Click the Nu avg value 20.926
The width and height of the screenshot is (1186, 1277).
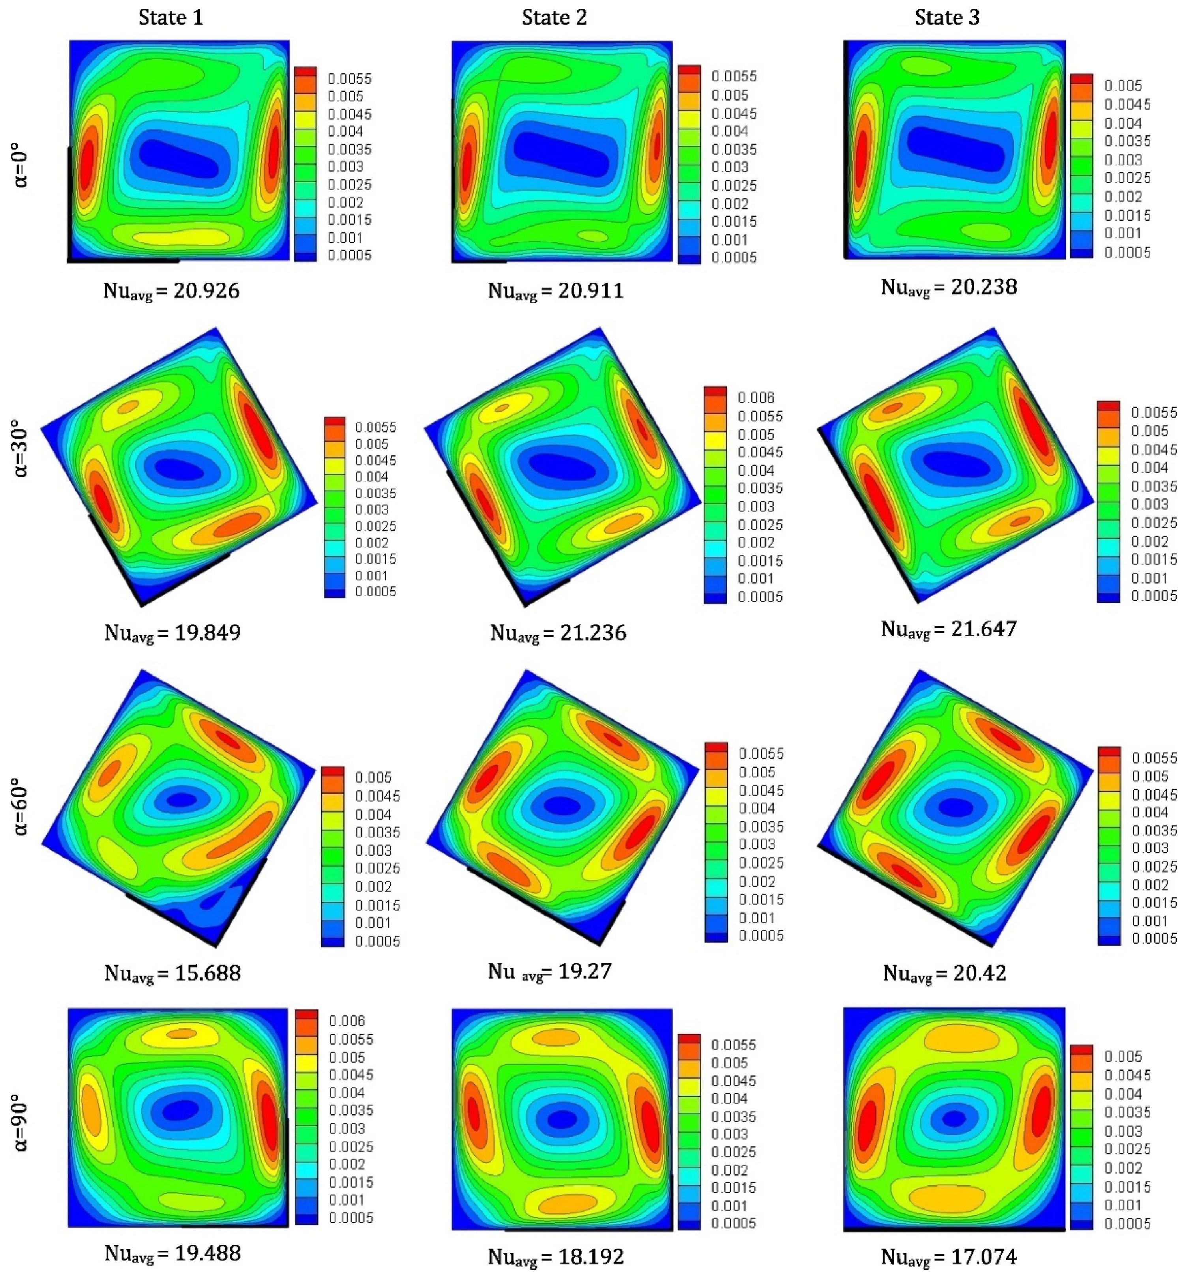[x=171, y=291]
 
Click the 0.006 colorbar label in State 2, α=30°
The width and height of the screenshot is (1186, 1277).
[x=756, y=398]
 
